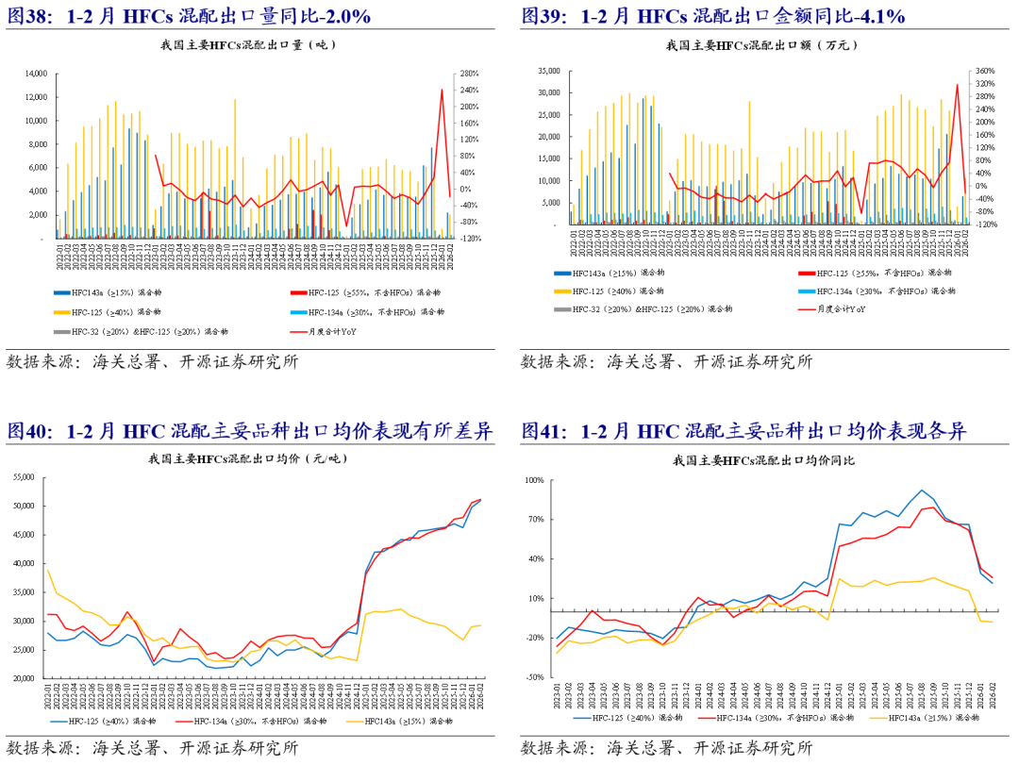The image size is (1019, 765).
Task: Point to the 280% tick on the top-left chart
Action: click(x=468, y=74)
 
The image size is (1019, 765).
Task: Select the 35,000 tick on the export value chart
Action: click(x=547, y=71)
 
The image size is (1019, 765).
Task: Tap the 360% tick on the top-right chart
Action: click(x=983, y=71)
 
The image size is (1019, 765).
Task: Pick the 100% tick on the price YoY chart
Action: click(x=534, y=480)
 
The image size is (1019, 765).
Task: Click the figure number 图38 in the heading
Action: click(x=30, y=16)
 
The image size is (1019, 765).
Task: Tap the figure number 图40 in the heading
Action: click(x=30, y=432)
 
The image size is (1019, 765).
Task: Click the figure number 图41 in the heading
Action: click(x=544, y=432)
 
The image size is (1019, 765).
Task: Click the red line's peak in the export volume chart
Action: click(x=442, y=90)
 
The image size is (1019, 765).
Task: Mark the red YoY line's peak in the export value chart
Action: click(x=957, y=85)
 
